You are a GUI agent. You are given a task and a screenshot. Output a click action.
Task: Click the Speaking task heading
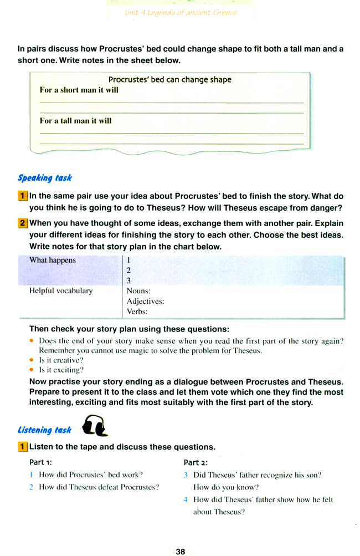[x=45, y=178]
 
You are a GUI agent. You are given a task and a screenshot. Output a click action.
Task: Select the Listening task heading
[x=45, y=430]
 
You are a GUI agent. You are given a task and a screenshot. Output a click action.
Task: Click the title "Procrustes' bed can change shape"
[x=169, y=79]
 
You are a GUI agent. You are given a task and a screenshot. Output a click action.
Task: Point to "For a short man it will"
[x=79, y=90]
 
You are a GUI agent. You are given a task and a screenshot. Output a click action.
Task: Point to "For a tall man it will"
[x=76, y=120]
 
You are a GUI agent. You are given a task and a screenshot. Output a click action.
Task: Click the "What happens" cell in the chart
[x=53, y=260]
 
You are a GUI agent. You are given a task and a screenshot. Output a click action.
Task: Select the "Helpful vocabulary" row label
[x=61, y=290]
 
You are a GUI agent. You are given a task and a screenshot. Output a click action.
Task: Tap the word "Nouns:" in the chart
[x=138, y=290]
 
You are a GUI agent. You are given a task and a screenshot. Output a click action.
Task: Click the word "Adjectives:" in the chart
[x=145, y=301]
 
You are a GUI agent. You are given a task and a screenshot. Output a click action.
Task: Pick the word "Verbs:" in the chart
[x=137, y=312]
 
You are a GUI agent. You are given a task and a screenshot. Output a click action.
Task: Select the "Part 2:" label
[x=196, y=462]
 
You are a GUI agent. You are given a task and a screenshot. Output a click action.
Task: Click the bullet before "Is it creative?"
[x=32, y=360]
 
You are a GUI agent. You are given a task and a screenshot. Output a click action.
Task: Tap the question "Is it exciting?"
[x=61, y=370]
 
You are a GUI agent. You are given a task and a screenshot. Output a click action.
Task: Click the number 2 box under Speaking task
[x=23, y=223]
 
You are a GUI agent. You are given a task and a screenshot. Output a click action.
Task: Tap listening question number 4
[x=186, y=499]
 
